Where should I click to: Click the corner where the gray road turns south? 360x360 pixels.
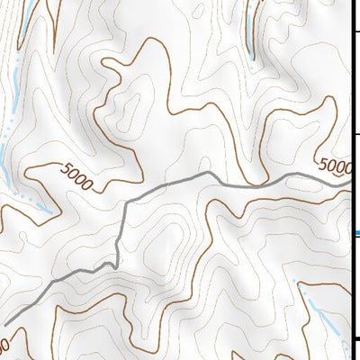(x=125, y=202)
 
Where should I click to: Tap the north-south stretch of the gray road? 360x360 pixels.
(x=121, y=229)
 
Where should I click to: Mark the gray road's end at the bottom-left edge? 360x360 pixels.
(x=3, y=325)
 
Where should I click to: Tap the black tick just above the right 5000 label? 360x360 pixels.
(x=355, y=134)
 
